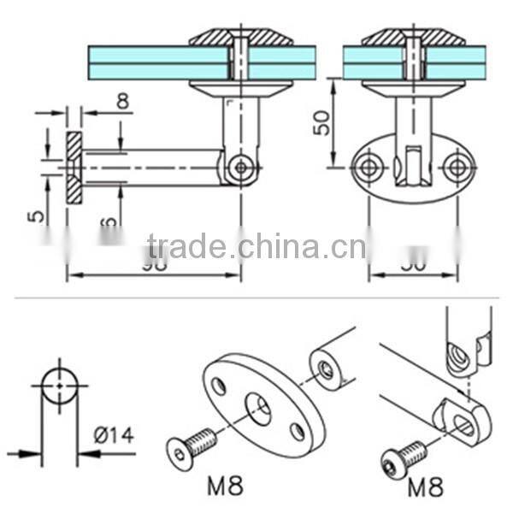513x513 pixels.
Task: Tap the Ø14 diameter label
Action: click(113, 435)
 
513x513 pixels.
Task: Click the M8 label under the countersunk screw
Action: click(225, 487)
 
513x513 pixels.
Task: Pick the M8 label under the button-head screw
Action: click(425, 488)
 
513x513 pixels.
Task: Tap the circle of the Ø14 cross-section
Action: click(59, 386)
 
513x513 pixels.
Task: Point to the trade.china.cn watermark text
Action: click(256, 247)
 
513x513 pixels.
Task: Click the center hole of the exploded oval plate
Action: click(258, 406)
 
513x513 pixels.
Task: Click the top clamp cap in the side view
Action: click(240, 38)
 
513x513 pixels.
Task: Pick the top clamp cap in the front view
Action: click(413, 38)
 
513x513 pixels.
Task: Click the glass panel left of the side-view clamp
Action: click(158, 62)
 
